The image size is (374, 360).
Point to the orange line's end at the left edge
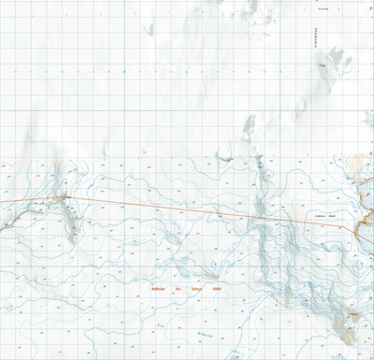click(1, 201)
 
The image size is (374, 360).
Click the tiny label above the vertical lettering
click(324, 8)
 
